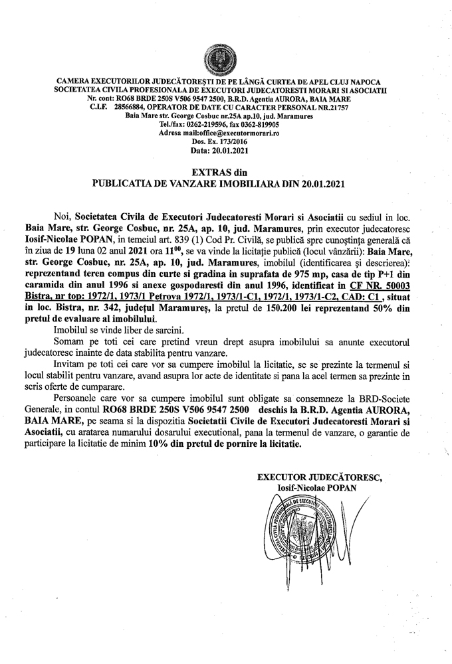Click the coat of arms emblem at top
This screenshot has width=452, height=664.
[225, 58]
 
